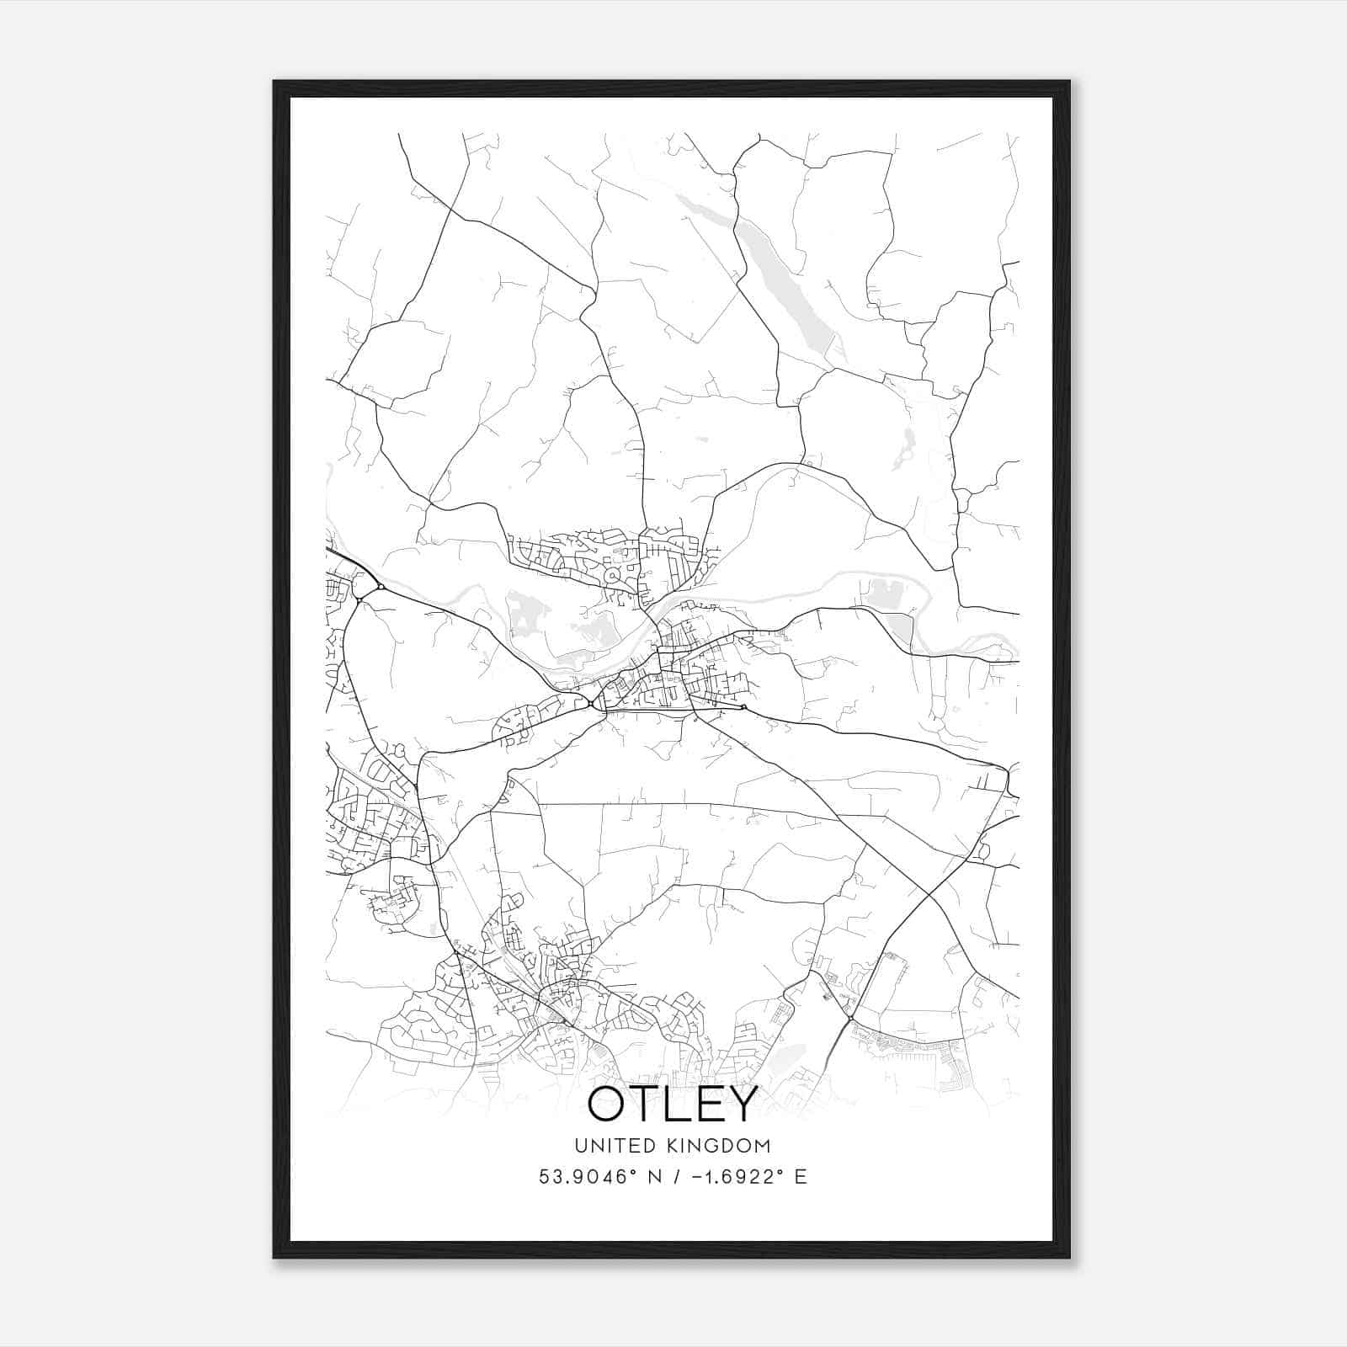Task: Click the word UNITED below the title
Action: pos(615,1146)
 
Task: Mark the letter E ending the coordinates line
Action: pos(801,1177)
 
